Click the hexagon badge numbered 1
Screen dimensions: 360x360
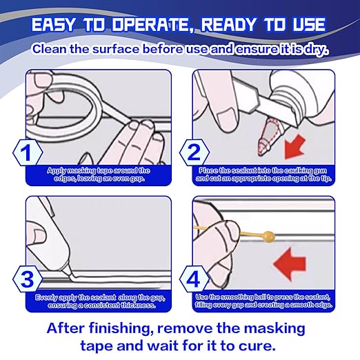(x=28, y=152)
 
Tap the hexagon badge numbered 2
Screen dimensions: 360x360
(x=194, y=152)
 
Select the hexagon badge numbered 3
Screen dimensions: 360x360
(x=28, y=279)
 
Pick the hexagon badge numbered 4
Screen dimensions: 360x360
(x=194, y=279)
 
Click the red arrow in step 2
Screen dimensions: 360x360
(x=294, y=146)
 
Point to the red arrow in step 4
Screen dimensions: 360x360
(x=290, y=263)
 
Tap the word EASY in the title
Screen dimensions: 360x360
(x=53, y=24)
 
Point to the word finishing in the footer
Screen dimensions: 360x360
(x=121, y=329)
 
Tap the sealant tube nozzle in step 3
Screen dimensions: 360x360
(x=67, y=270)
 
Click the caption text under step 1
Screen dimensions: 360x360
(x=99, y=174)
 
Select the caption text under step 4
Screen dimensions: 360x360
(x=263, y=301)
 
